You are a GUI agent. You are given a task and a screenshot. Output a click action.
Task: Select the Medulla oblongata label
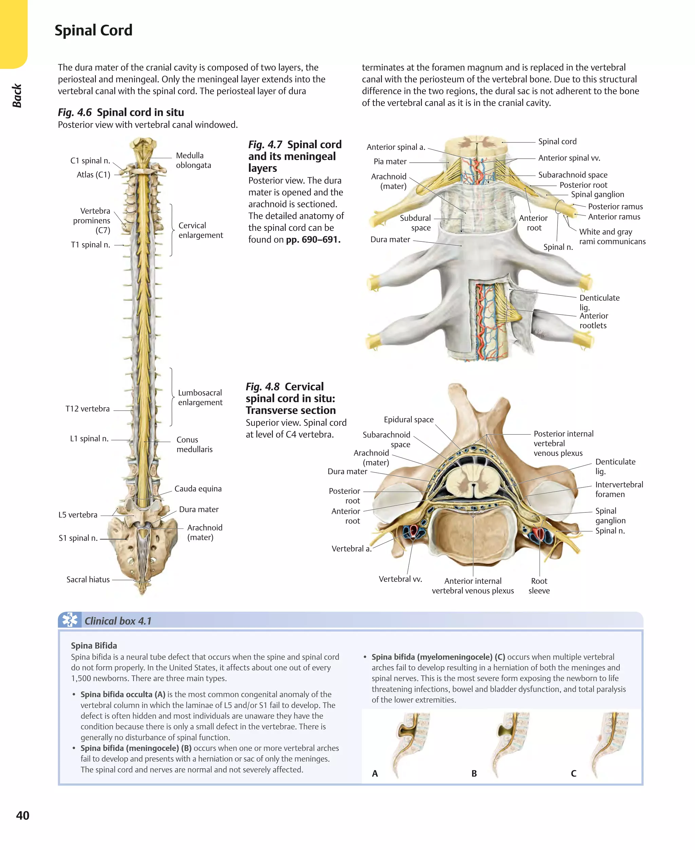click(x=193, y=160)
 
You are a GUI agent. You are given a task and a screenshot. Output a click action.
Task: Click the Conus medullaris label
click(x=194, y=444)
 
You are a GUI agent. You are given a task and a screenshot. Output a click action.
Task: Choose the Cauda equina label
click(x=198, y=489)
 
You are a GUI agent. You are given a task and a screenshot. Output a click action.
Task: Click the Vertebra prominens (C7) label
click(x=91, y=220)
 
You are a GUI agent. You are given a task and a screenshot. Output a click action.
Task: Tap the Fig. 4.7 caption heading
click(x=295, y=156)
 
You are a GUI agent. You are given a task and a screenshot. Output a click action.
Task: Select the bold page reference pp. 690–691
click(x=313, y=239)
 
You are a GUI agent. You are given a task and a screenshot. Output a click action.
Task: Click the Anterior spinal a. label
click(x=396, y=147)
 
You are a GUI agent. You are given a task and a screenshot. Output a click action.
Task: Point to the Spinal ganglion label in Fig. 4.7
click(x=597, y=194)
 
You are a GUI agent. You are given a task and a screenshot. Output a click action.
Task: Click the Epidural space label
click(x=408, y=419)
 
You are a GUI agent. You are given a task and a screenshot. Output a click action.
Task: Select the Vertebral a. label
click(x=351, y=548)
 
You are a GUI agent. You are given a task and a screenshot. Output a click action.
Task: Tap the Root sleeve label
click(x=539, y=585)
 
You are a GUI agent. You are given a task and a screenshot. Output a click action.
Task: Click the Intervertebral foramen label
click(x=619, y=489)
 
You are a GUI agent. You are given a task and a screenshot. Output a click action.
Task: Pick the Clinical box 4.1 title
click(x=118, y=621)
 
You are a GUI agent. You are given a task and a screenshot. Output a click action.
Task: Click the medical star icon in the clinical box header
click(x=70, y=620)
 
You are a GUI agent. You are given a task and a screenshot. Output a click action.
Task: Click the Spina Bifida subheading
click(x=94, y=645)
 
